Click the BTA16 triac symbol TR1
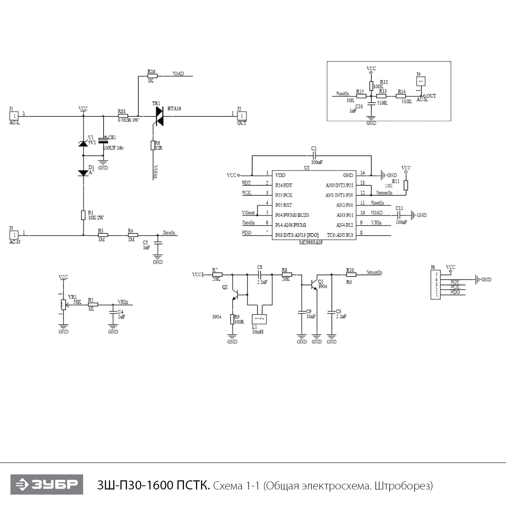pos(159,116)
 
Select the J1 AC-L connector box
pos(15,116)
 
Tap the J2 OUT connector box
pos(242,116)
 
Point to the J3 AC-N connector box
pos(15,235)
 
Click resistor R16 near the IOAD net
pos(152,76)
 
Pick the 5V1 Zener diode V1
pos(83,143)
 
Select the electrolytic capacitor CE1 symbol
pos(103,140)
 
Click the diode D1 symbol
pos(83,173)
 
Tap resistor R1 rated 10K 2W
pos(83,215)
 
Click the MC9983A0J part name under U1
pos(311,243)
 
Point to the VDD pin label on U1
pos(280,175)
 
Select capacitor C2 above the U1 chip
pos(314,156)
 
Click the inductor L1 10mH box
pos(259,319)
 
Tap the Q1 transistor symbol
pos(314,284)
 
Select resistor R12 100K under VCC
pos(371,86)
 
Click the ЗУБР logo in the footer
pos(47,484)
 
